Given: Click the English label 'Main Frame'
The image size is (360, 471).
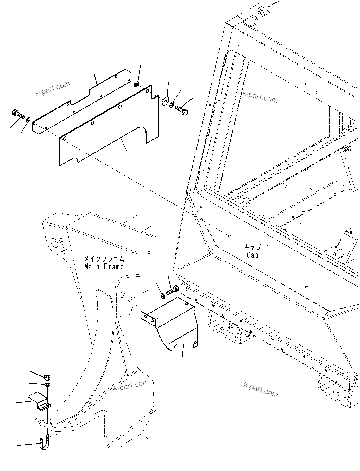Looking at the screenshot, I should [x=104, y=267].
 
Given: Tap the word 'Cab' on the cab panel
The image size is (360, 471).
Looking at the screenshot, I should [x=252, y=255].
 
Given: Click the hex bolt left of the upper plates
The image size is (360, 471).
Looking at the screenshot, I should [x=18, y=114].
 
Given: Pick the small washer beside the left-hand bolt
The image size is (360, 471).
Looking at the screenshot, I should [x=28, y=119].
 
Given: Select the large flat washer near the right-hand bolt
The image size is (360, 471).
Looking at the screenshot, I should [x=165, y=102].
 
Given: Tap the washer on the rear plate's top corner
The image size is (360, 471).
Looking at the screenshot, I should [x=136, y=84].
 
